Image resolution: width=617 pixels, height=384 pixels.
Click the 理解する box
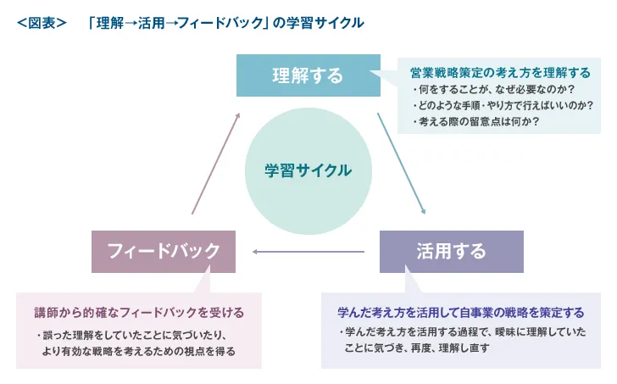308,75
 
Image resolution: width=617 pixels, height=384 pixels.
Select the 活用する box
451,251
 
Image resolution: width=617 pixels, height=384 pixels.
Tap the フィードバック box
164,251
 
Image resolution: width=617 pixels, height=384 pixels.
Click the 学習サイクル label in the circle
308,170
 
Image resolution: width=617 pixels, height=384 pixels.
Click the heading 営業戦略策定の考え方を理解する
500,73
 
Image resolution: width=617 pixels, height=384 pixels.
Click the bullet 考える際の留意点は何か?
478,122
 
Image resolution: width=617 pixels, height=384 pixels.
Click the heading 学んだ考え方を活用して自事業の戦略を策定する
460,311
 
